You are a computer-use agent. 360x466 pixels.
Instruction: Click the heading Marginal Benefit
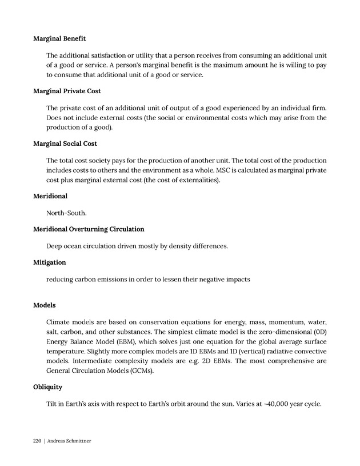coord(59,39)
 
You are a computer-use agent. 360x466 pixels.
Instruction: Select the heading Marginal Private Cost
coord(67,91)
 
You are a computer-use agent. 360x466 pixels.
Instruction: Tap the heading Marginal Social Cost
coord(65,144)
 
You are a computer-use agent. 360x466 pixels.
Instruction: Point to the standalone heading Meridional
coord(50,196)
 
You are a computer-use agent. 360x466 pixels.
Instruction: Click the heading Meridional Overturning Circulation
coord(89,229)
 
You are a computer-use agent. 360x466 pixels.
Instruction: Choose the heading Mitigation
coord(50,262)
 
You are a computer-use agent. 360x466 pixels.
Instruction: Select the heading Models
coord(45,305)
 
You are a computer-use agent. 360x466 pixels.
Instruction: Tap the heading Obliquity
coord(48,387)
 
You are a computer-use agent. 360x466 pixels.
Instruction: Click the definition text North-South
coord(67,213)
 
